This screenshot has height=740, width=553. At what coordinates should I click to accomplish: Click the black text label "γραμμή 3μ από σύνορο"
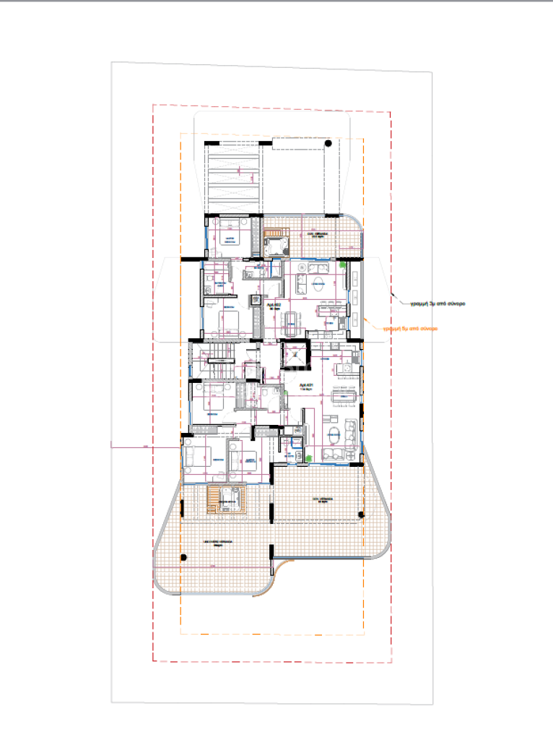point(433,304)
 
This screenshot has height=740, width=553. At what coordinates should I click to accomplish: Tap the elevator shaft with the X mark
point(295,356)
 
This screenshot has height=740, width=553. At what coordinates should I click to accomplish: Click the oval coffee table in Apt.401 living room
point(335,435)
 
